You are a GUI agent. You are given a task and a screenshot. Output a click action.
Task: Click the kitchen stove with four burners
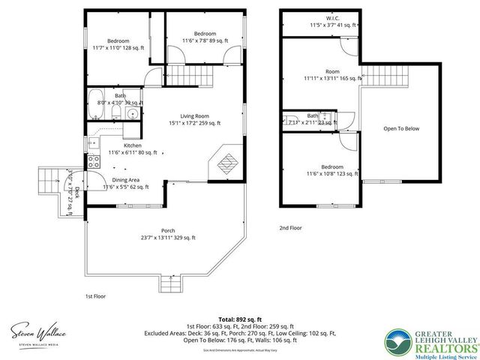pos(94,160)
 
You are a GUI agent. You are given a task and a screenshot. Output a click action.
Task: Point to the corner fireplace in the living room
pos(227,162)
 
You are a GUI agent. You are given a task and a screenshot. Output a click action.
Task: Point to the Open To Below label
pos(401,128)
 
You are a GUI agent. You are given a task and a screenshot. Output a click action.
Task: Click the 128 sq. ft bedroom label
pos(118,41)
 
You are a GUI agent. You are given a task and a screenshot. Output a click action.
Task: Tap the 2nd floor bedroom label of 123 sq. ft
pos(332,166)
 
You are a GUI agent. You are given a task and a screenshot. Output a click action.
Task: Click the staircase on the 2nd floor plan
pos(389,75)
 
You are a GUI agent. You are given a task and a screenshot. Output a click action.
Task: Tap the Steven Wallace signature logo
pos(39,330)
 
